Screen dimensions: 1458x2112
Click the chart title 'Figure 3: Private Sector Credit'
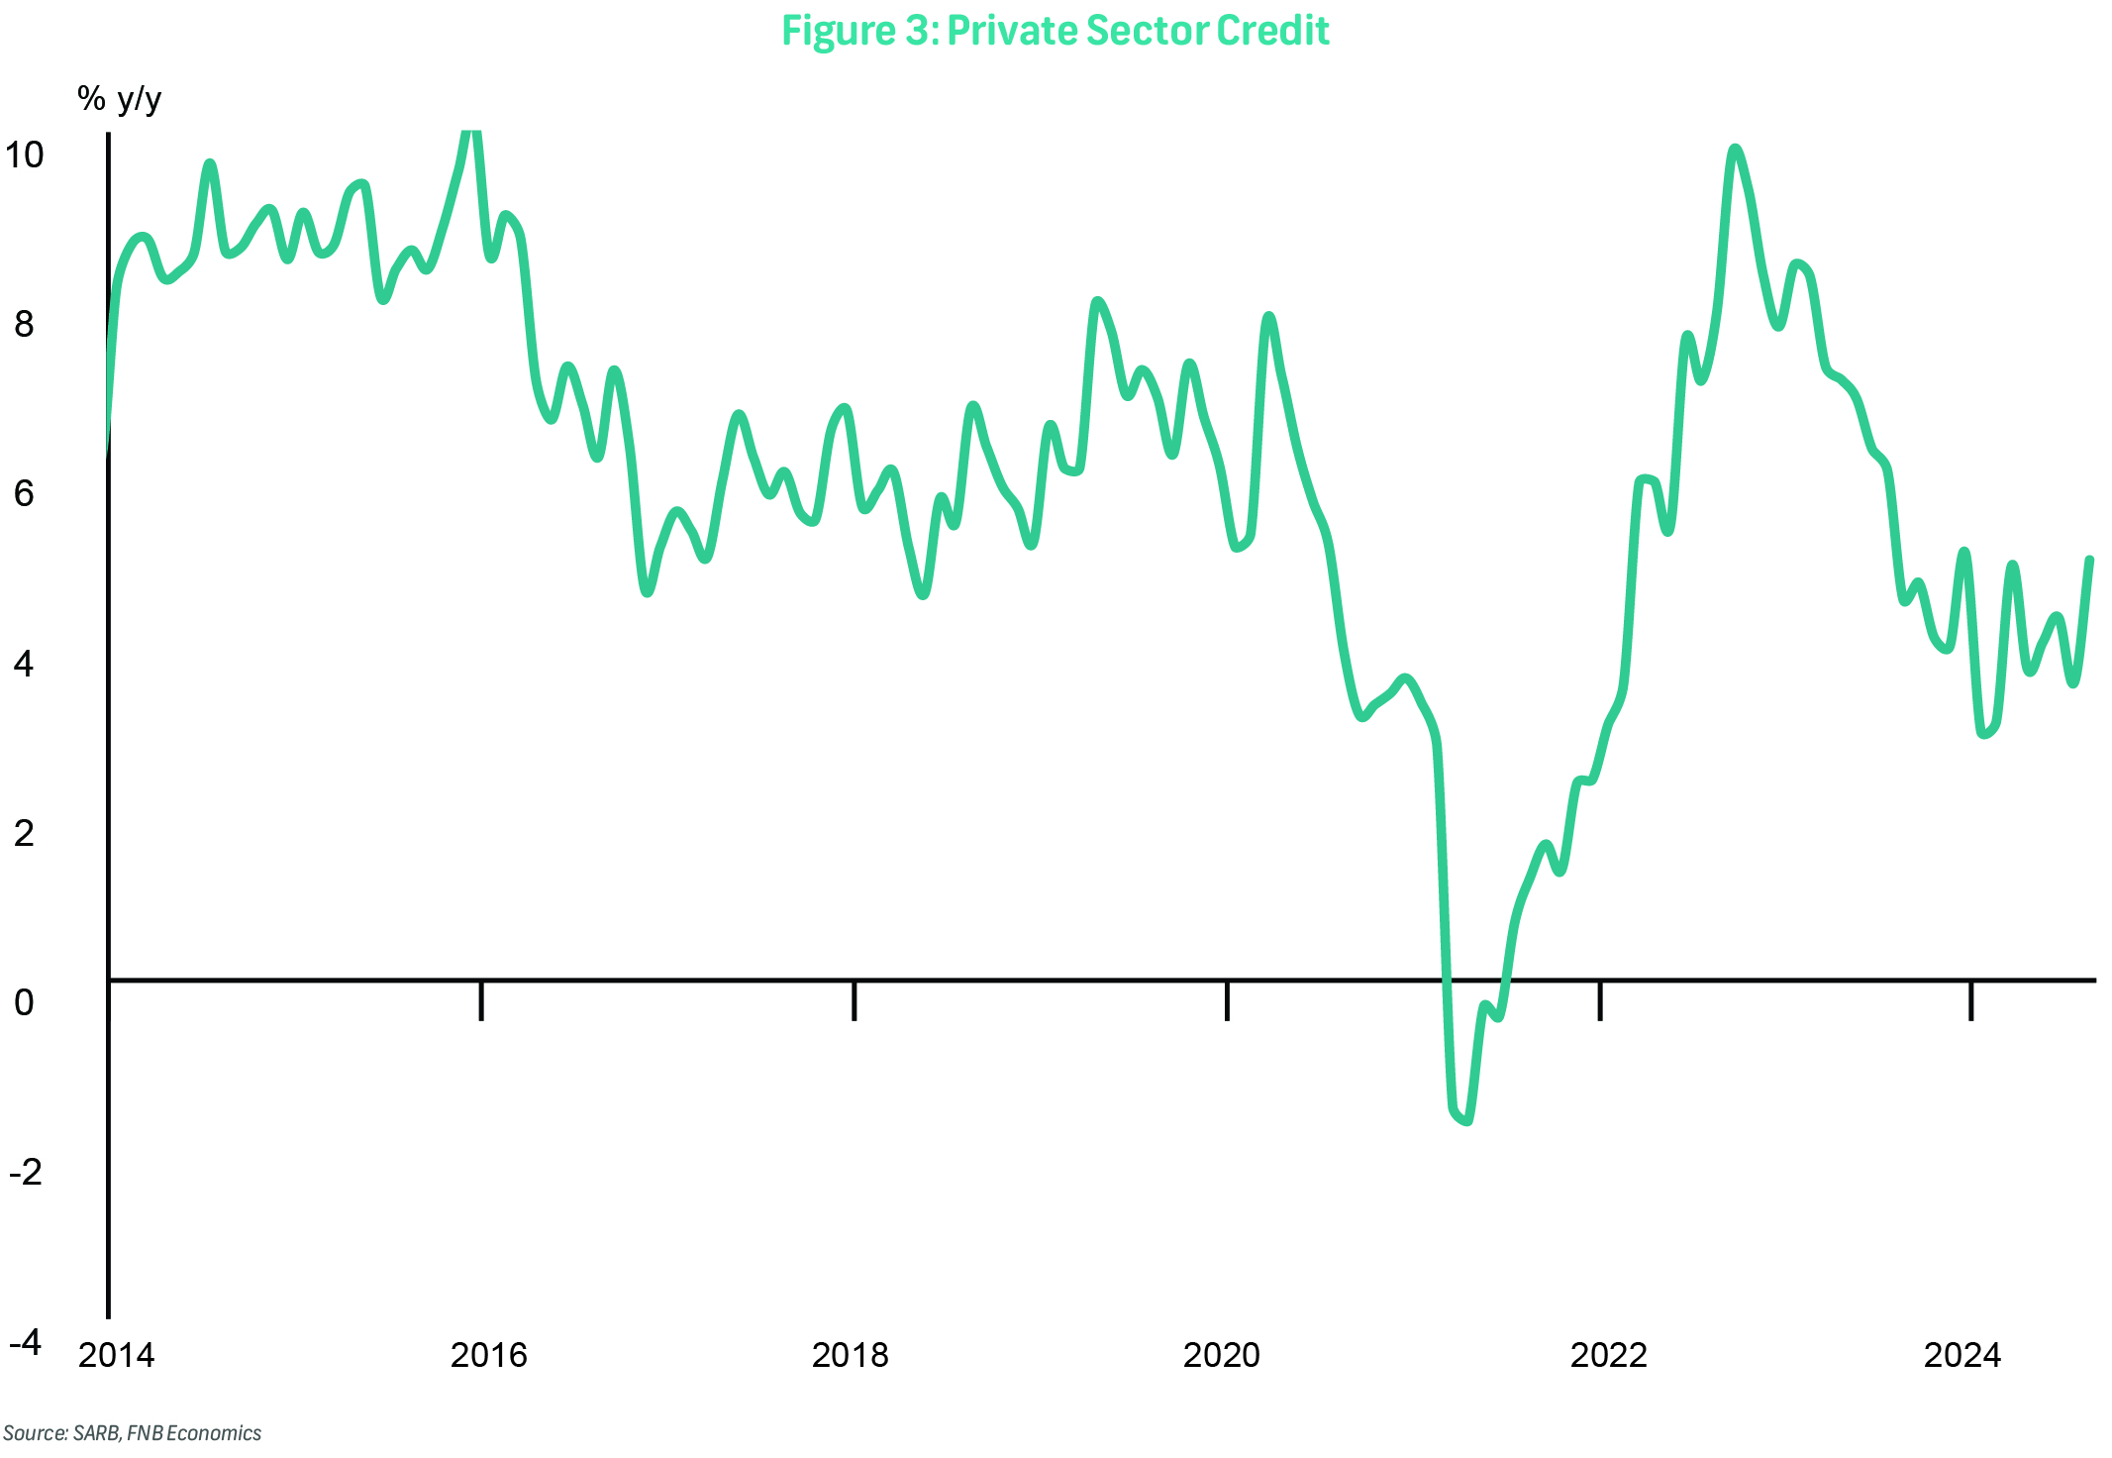coord(1055,31)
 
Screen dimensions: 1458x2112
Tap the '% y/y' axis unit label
coord(119,99)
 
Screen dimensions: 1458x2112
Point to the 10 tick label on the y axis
coord(24,155)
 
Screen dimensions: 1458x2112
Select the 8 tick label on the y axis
coord(24,324)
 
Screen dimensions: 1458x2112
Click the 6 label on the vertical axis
coord(24,493)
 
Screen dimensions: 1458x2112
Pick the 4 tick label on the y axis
coord(24,663)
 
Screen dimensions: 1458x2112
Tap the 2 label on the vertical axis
coord(24,833)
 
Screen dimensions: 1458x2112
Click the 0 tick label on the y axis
coord(24,1002)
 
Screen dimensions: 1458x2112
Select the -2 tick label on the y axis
coord(26,1172)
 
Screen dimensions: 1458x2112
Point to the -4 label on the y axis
coord(26,1342)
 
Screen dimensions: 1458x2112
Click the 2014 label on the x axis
coord(117,1354)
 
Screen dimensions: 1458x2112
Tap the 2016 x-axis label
coord(489,1354)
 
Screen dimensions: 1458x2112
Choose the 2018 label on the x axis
coord(851,1354)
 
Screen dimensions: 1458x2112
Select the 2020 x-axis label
coord(1222,1354)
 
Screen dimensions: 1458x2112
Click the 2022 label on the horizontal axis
coord(1609,1354)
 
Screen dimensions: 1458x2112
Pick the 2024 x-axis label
coord(1962,1354)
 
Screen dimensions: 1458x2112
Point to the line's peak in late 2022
coord(1734,150)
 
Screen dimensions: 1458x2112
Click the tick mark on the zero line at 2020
coord(1227,1000)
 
